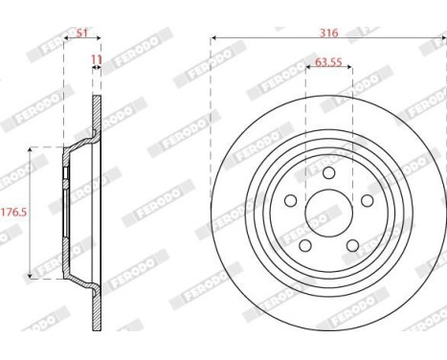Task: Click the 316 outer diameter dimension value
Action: click(x=330, y=33)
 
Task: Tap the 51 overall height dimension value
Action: click(x=81, y=33)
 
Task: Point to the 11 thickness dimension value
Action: click(x=96, y=60)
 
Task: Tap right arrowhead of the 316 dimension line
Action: click(x=443, y=39)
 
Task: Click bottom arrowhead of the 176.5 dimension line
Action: click(x=32, y=275)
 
